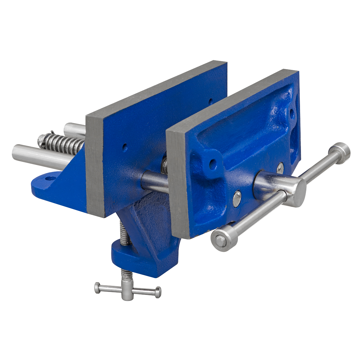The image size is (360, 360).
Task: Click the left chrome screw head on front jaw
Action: (237, 199)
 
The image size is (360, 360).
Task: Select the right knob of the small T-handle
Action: (157, 291)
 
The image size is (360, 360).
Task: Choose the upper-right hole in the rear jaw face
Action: (211, 101)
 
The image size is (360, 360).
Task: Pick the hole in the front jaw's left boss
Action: (213, 164)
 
